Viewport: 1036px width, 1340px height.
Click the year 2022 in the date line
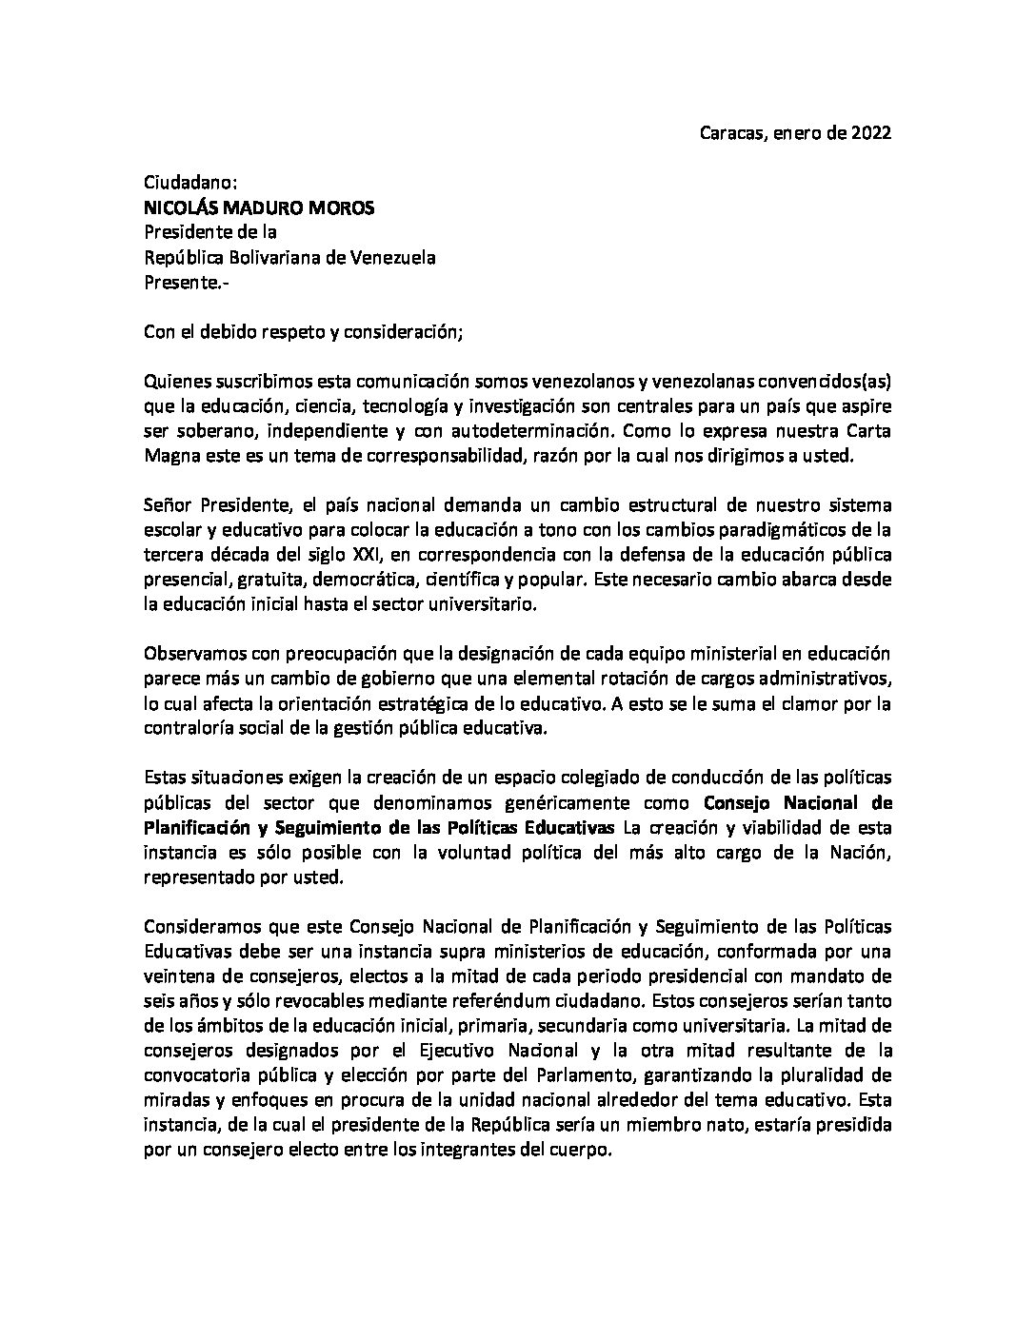[870, 134]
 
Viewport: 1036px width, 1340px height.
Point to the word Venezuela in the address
[393, 258]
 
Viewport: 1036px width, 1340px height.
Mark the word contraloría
[189, 728]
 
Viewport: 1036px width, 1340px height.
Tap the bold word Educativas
[571, 827]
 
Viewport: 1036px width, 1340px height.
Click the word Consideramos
[197, 926]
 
